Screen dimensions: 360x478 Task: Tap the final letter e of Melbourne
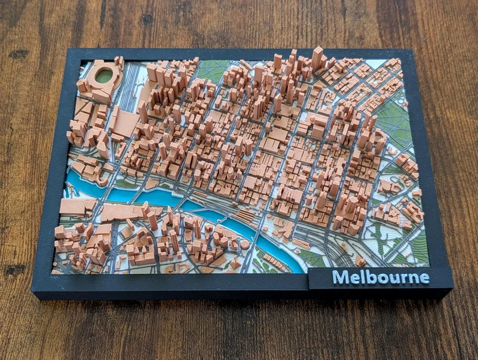point(424,278)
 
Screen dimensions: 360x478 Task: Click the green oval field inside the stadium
point(105,75)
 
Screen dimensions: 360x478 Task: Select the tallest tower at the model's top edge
point(317,58)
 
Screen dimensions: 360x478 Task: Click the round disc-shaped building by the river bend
point(244,244)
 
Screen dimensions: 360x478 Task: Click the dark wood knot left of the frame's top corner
point(18,54)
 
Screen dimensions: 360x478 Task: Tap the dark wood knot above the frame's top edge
point(146,19)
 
